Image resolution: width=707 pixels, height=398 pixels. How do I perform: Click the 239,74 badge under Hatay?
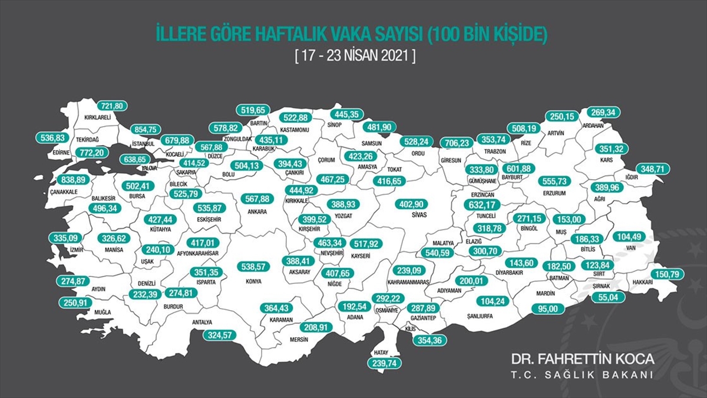point(384,364)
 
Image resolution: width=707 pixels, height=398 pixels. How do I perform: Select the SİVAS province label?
point(410,216)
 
